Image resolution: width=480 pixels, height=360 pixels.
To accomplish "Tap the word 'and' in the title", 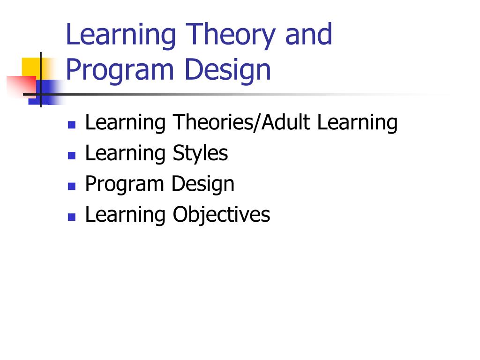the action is [x=308, y=34].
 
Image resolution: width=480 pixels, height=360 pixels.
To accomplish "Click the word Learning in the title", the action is [x=121, y=35].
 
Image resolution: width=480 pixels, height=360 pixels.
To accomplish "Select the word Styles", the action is [x=201, y=153].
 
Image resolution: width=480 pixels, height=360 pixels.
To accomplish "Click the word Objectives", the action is [x=221, y=215].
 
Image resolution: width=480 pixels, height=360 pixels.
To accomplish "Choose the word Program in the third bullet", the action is [x=124, y=184].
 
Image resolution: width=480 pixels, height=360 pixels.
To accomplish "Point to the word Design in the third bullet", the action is [x=203, y=184].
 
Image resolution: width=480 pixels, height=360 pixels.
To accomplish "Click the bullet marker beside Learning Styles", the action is [x=72, y=156].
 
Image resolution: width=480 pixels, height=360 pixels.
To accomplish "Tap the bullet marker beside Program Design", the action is [x=72, y=186].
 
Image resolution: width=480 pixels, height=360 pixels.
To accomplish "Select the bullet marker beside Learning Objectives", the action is [x=72, y=217].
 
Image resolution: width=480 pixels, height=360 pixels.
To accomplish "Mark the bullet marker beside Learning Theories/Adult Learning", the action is [x=72, y=125].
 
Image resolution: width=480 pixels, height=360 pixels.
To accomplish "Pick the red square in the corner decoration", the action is [x=22, y=87].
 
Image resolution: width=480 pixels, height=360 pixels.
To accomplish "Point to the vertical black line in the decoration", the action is [x=41, y=80].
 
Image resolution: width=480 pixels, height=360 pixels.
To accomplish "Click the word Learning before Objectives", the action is [x=125, y=215].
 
